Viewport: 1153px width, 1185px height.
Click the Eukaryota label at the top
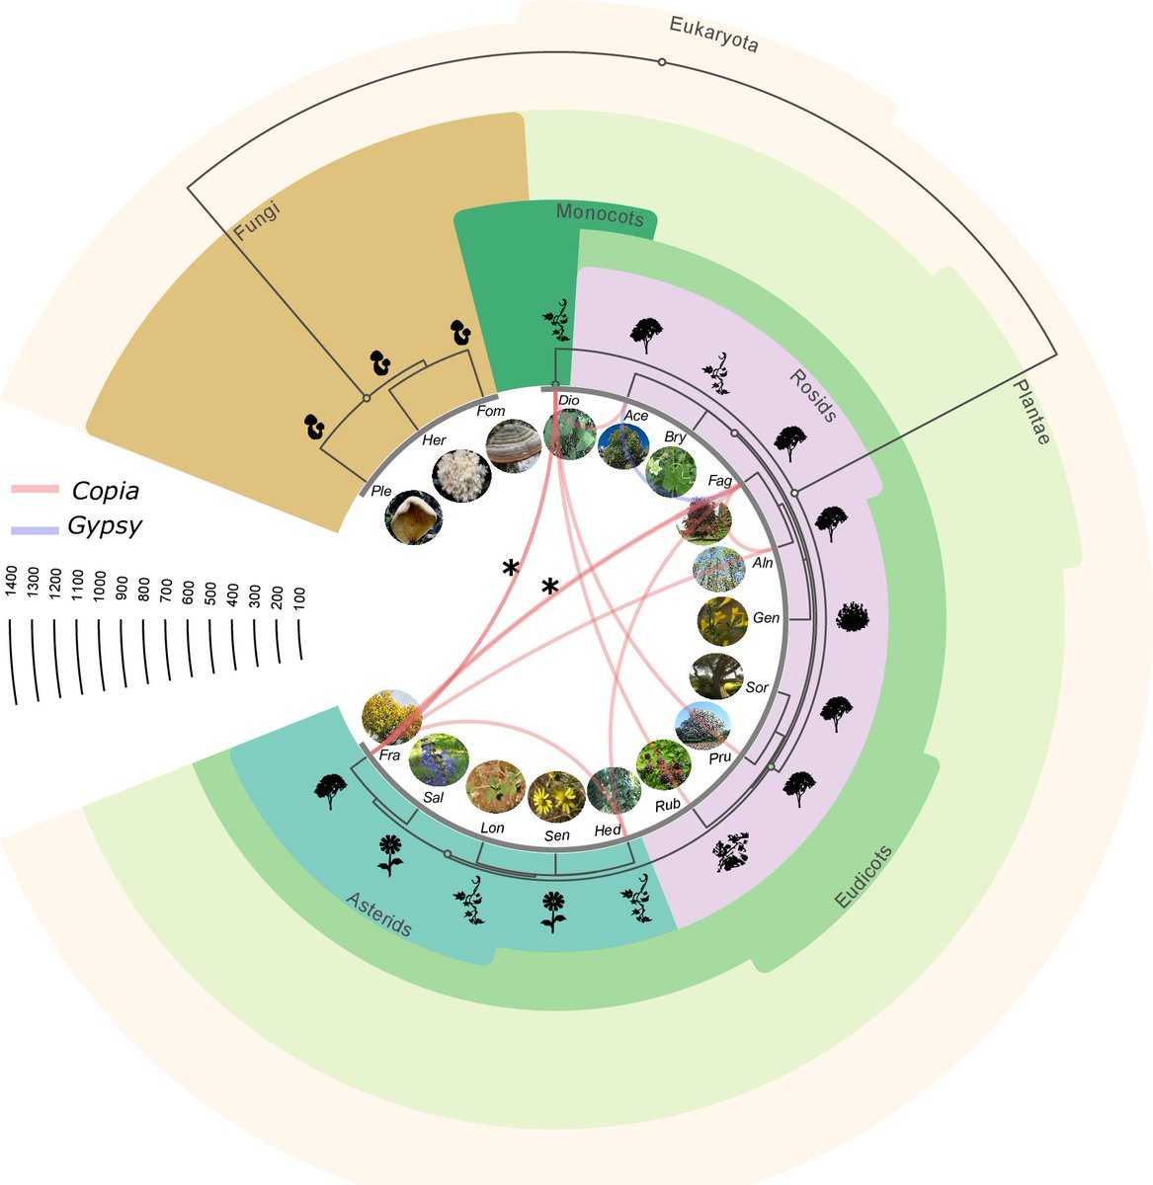click(x=713, y=35)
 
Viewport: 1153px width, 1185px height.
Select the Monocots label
click(x=600, y=215)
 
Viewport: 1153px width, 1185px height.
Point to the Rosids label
click(x=812, y=394)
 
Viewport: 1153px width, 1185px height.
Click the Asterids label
click(x=378, y=914)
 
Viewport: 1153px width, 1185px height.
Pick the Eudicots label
click(x=864, y=876)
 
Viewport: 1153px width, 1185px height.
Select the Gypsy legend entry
click(x=104, y=526)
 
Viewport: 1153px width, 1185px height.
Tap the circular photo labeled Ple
click(x=413, y=517)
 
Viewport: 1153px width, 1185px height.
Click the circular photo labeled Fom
click(x=513, y=446)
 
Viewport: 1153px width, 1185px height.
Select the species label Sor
click(x=757, y=687)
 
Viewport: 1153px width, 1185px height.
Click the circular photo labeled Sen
click(x=556, y=797)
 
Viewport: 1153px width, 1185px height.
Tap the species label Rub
click(x=668, y=805)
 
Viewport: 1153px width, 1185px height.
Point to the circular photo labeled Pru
click(x=702, y=728)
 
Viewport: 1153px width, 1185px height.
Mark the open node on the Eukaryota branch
click(x=662, y=62)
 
